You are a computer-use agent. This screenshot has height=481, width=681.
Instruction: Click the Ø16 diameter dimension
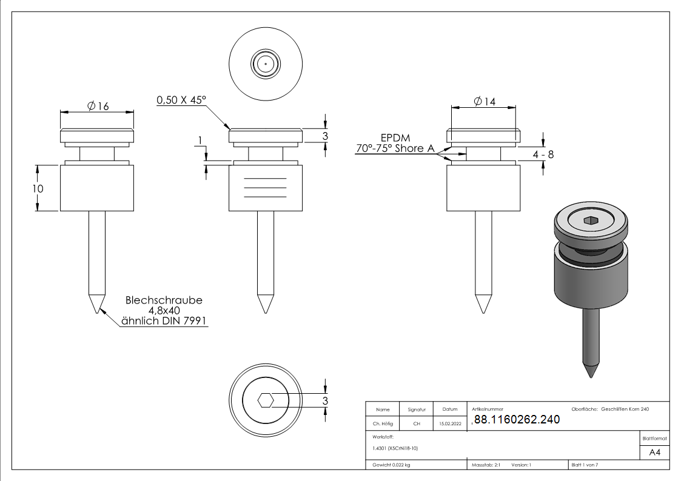98,106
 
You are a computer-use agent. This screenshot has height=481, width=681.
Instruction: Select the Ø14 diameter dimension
484,102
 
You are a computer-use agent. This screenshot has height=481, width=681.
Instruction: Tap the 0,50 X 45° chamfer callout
181,100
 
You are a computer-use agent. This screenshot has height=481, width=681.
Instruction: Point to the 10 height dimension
38,188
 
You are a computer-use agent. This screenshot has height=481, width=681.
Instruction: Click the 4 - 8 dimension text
543,154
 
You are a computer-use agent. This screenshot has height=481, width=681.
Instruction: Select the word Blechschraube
164,300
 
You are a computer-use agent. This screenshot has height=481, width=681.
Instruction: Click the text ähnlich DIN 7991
164,321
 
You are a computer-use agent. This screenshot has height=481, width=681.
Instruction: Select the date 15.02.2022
449,424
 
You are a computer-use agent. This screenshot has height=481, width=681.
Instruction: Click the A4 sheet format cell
655,453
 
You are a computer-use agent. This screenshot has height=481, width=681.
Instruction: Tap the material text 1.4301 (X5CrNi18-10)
395,448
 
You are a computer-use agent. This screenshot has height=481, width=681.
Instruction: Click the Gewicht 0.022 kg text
392,465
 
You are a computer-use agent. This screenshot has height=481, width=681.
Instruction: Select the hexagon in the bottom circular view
266,400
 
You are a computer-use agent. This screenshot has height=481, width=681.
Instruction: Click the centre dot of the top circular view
266,63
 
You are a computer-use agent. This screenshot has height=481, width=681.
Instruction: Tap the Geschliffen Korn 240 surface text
625,410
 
